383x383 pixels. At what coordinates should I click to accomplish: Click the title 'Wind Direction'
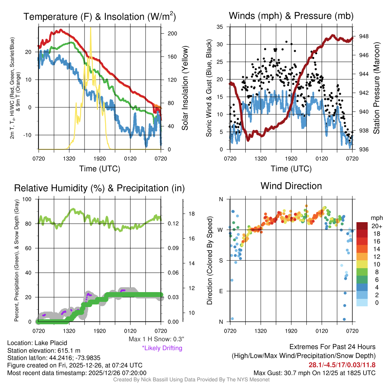(x=291, y=186)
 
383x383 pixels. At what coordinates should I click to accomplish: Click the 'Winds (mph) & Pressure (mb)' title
(x=291, y=16)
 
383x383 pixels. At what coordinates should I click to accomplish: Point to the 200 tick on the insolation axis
(x=172, y=33)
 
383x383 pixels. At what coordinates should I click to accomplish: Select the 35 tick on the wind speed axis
(x=220, y=27)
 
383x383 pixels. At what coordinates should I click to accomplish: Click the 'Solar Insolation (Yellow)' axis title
(x=185, y=88)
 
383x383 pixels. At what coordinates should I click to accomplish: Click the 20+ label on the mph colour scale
(x=376, y=226)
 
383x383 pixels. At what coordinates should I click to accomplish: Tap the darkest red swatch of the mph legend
(x=362, y=226)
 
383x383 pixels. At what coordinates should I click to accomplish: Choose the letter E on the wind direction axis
(x=221, y=291)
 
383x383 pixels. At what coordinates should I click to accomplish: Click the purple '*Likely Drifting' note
(x=162, y=348)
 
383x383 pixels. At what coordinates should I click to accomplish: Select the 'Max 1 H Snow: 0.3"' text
(x=156, y=339)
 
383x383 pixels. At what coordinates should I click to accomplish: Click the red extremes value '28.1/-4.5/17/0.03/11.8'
(x=342, y=365)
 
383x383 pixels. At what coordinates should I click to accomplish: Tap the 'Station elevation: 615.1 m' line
(x=44, y=350)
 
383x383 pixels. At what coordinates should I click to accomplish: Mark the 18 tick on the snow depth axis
(x=191, y=214)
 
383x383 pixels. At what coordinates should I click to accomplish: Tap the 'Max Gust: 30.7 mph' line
(x=314, y=373)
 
